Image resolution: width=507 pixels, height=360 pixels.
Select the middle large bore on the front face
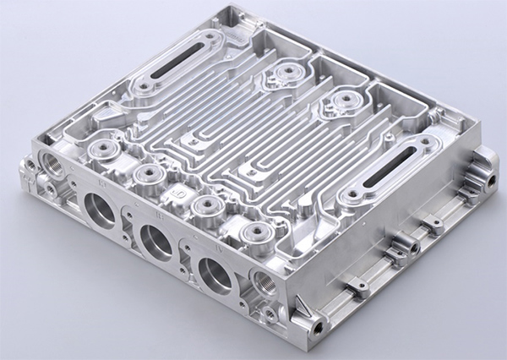157,243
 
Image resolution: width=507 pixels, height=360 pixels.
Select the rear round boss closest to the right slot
341,101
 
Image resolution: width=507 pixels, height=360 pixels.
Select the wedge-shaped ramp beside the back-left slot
107,112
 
